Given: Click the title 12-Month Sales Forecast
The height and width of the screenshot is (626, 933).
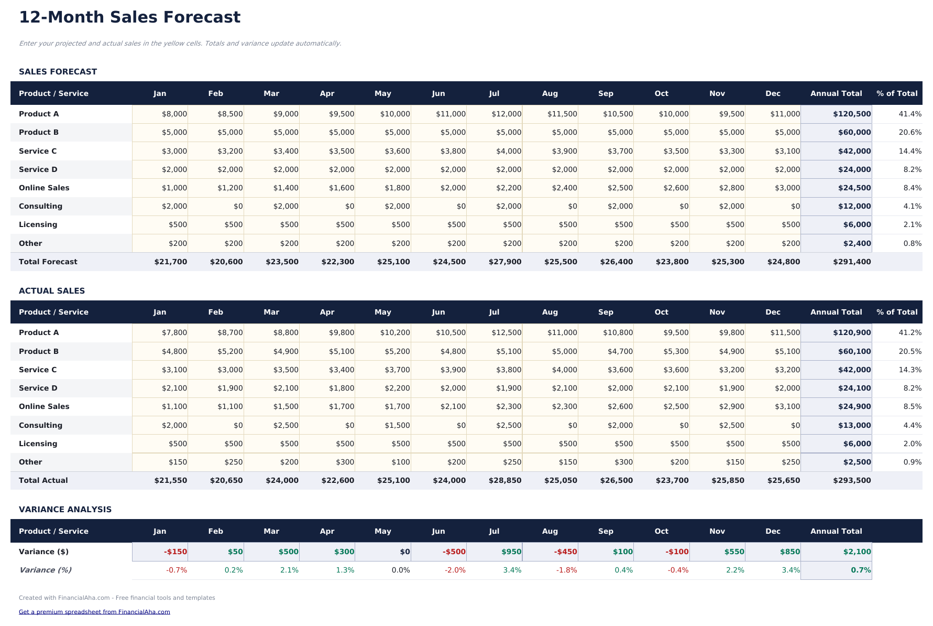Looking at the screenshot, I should coord(129,17).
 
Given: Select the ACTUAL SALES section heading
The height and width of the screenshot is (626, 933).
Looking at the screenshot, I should coord(51,291).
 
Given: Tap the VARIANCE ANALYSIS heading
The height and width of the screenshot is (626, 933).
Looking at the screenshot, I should coord(65,510).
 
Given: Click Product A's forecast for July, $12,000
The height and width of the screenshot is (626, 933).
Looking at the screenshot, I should coord(506,114).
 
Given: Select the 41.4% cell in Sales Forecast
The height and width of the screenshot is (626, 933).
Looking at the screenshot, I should coord(909,114).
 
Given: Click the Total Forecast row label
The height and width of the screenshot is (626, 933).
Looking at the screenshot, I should coord(48,262).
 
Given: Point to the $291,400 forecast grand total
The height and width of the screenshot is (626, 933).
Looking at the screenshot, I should coord(851,262).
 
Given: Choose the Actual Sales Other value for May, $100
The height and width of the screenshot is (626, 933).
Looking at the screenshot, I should coord(400,462).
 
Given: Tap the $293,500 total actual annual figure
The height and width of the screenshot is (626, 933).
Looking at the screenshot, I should coord(851,480).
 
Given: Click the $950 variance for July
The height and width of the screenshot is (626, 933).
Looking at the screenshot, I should coord(511,552).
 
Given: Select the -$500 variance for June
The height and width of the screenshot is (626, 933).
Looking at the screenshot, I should coord(454,552).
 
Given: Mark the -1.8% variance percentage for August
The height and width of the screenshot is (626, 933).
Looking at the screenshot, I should coord(566,570).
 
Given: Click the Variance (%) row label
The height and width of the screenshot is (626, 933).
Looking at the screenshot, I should coord(45,570).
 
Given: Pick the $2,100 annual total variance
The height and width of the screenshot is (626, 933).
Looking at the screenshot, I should coord(857,552).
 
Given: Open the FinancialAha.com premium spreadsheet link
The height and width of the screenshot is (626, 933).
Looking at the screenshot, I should coord(94,612).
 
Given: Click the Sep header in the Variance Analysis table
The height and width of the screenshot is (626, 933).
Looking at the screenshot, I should coord(605,531).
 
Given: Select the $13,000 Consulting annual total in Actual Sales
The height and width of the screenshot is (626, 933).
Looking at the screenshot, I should coord(854,425).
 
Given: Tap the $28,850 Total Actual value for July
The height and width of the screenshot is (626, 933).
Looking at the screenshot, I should coord(504,480).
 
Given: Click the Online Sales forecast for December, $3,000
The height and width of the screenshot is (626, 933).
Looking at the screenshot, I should coord(787,188).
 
